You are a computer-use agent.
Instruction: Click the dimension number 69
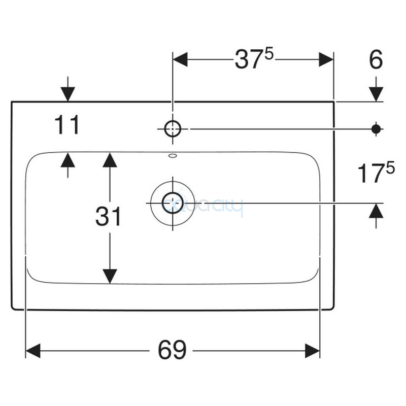click(x=172, y=350)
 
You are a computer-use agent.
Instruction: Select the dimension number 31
click(x=109, y=217)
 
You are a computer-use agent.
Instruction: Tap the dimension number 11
click(x=67, y=125)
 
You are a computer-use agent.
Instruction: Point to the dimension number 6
click(x=376, y=60)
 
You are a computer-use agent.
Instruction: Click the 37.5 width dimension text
click(x=254, y=59)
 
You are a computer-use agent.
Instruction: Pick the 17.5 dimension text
click(x=376, y=174)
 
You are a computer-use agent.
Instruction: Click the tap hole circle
click(x=173, y=129)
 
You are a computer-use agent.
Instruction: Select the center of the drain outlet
click(x=173, y=203)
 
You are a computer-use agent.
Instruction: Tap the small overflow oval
click(x=173, y=156)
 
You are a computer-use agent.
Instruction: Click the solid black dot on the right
click(x=376, y=129)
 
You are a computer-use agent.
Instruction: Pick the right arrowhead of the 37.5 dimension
click(x=326, y=59)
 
